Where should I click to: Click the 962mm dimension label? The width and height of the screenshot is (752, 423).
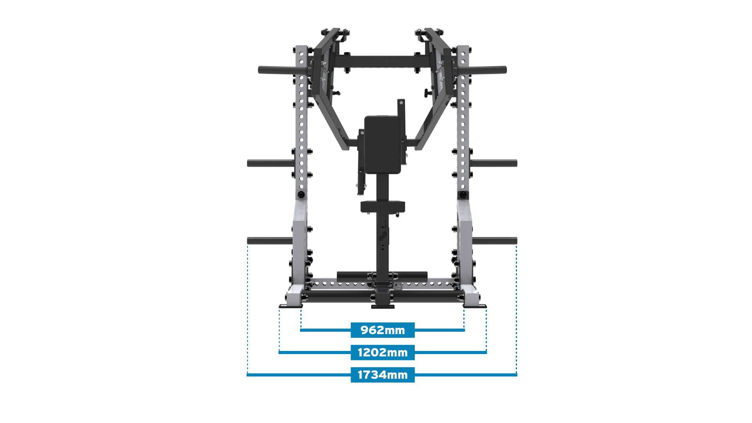tap(382, 330)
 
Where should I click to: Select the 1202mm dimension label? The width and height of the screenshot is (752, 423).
tap(382, 352)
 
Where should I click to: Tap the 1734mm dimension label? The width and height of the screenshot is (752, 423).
tap(382, 375)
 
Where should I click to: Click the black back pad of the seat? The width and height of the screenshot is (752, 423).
tap(383, 145)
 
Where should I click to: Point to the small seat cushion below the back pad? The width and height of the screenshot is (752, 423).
tap(383, 206)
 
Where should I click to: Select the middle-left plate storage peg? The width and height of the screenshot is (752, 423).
tap(270, 163)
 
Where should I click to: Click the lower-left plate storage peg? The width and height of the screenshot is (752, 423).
tap(270, 241)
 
